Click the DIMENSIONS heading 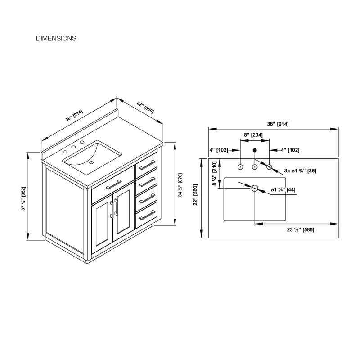pyautogui.click(x=56, y=38)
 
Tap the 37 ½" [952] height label pyautogui.click(x=24, y=198)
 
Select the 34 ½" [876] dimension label pyautogui.click(x=180, y=185)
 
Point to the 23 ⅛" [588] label pyautogui.click(x=301, y=229)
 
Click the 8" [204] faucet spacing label pyautogui.click(x=253, y=135)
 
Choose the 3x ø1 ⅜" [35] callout pyautogui.click(x=300, y=171)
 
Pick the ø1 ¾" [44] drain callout pyautogui.click(x=283, y=189)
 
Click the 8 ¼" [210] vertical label pyautogui.click(x=215, y=173)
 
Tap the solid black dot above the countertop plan pyautogui.click(x=255, y=150)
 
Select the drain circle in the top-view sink pyautogui.click(x=255, y=189)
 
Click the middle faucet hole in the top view pyautogui.click(x=255, y=167)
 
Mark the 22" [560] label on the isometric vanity pyautogui.click(x=145, y=108)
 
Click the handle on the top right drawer pyautogui.click(x=148, y=165)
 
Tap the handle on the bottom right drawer pyautogui.click(x=148, y=215)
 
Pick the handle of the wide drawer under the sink pyautogui.click(x=114, y=184)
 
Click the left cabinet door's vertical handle pyautogui.click(x=112, y=210)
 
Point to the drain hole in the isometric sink pyautogui.click(x=91, y=162)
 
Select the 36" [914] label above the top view pyautogui.click(x=278, y=124)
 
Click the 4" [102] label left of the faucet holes pyautogui.click(x=219, y=150)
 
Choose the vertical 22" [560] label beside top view pyautogui.click(x=195, y=195)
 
